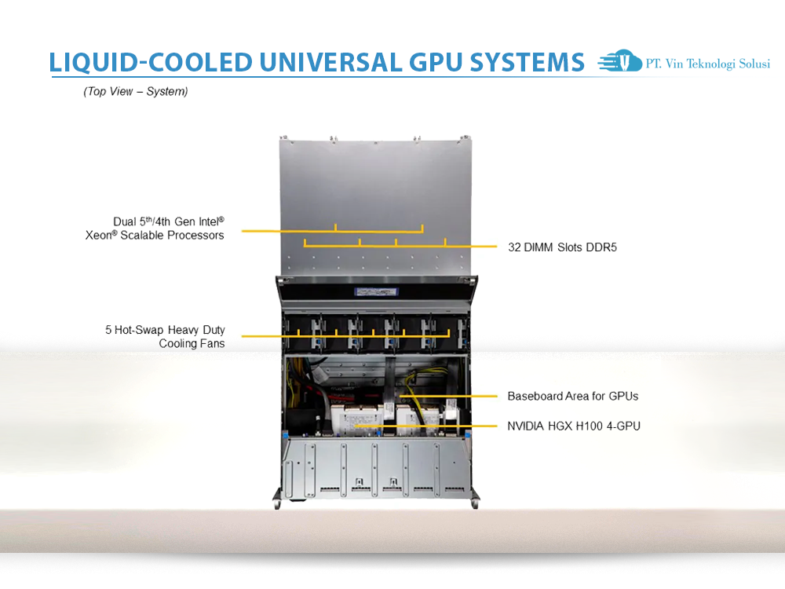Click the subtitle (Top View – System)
click(x=136, y=92)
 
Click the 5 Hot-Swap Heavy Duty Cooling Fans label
click(x=165, y=337)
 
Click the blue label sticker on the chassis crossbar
click(x=376, y=291)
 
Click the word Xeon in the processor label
click(x=100, y=235)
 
